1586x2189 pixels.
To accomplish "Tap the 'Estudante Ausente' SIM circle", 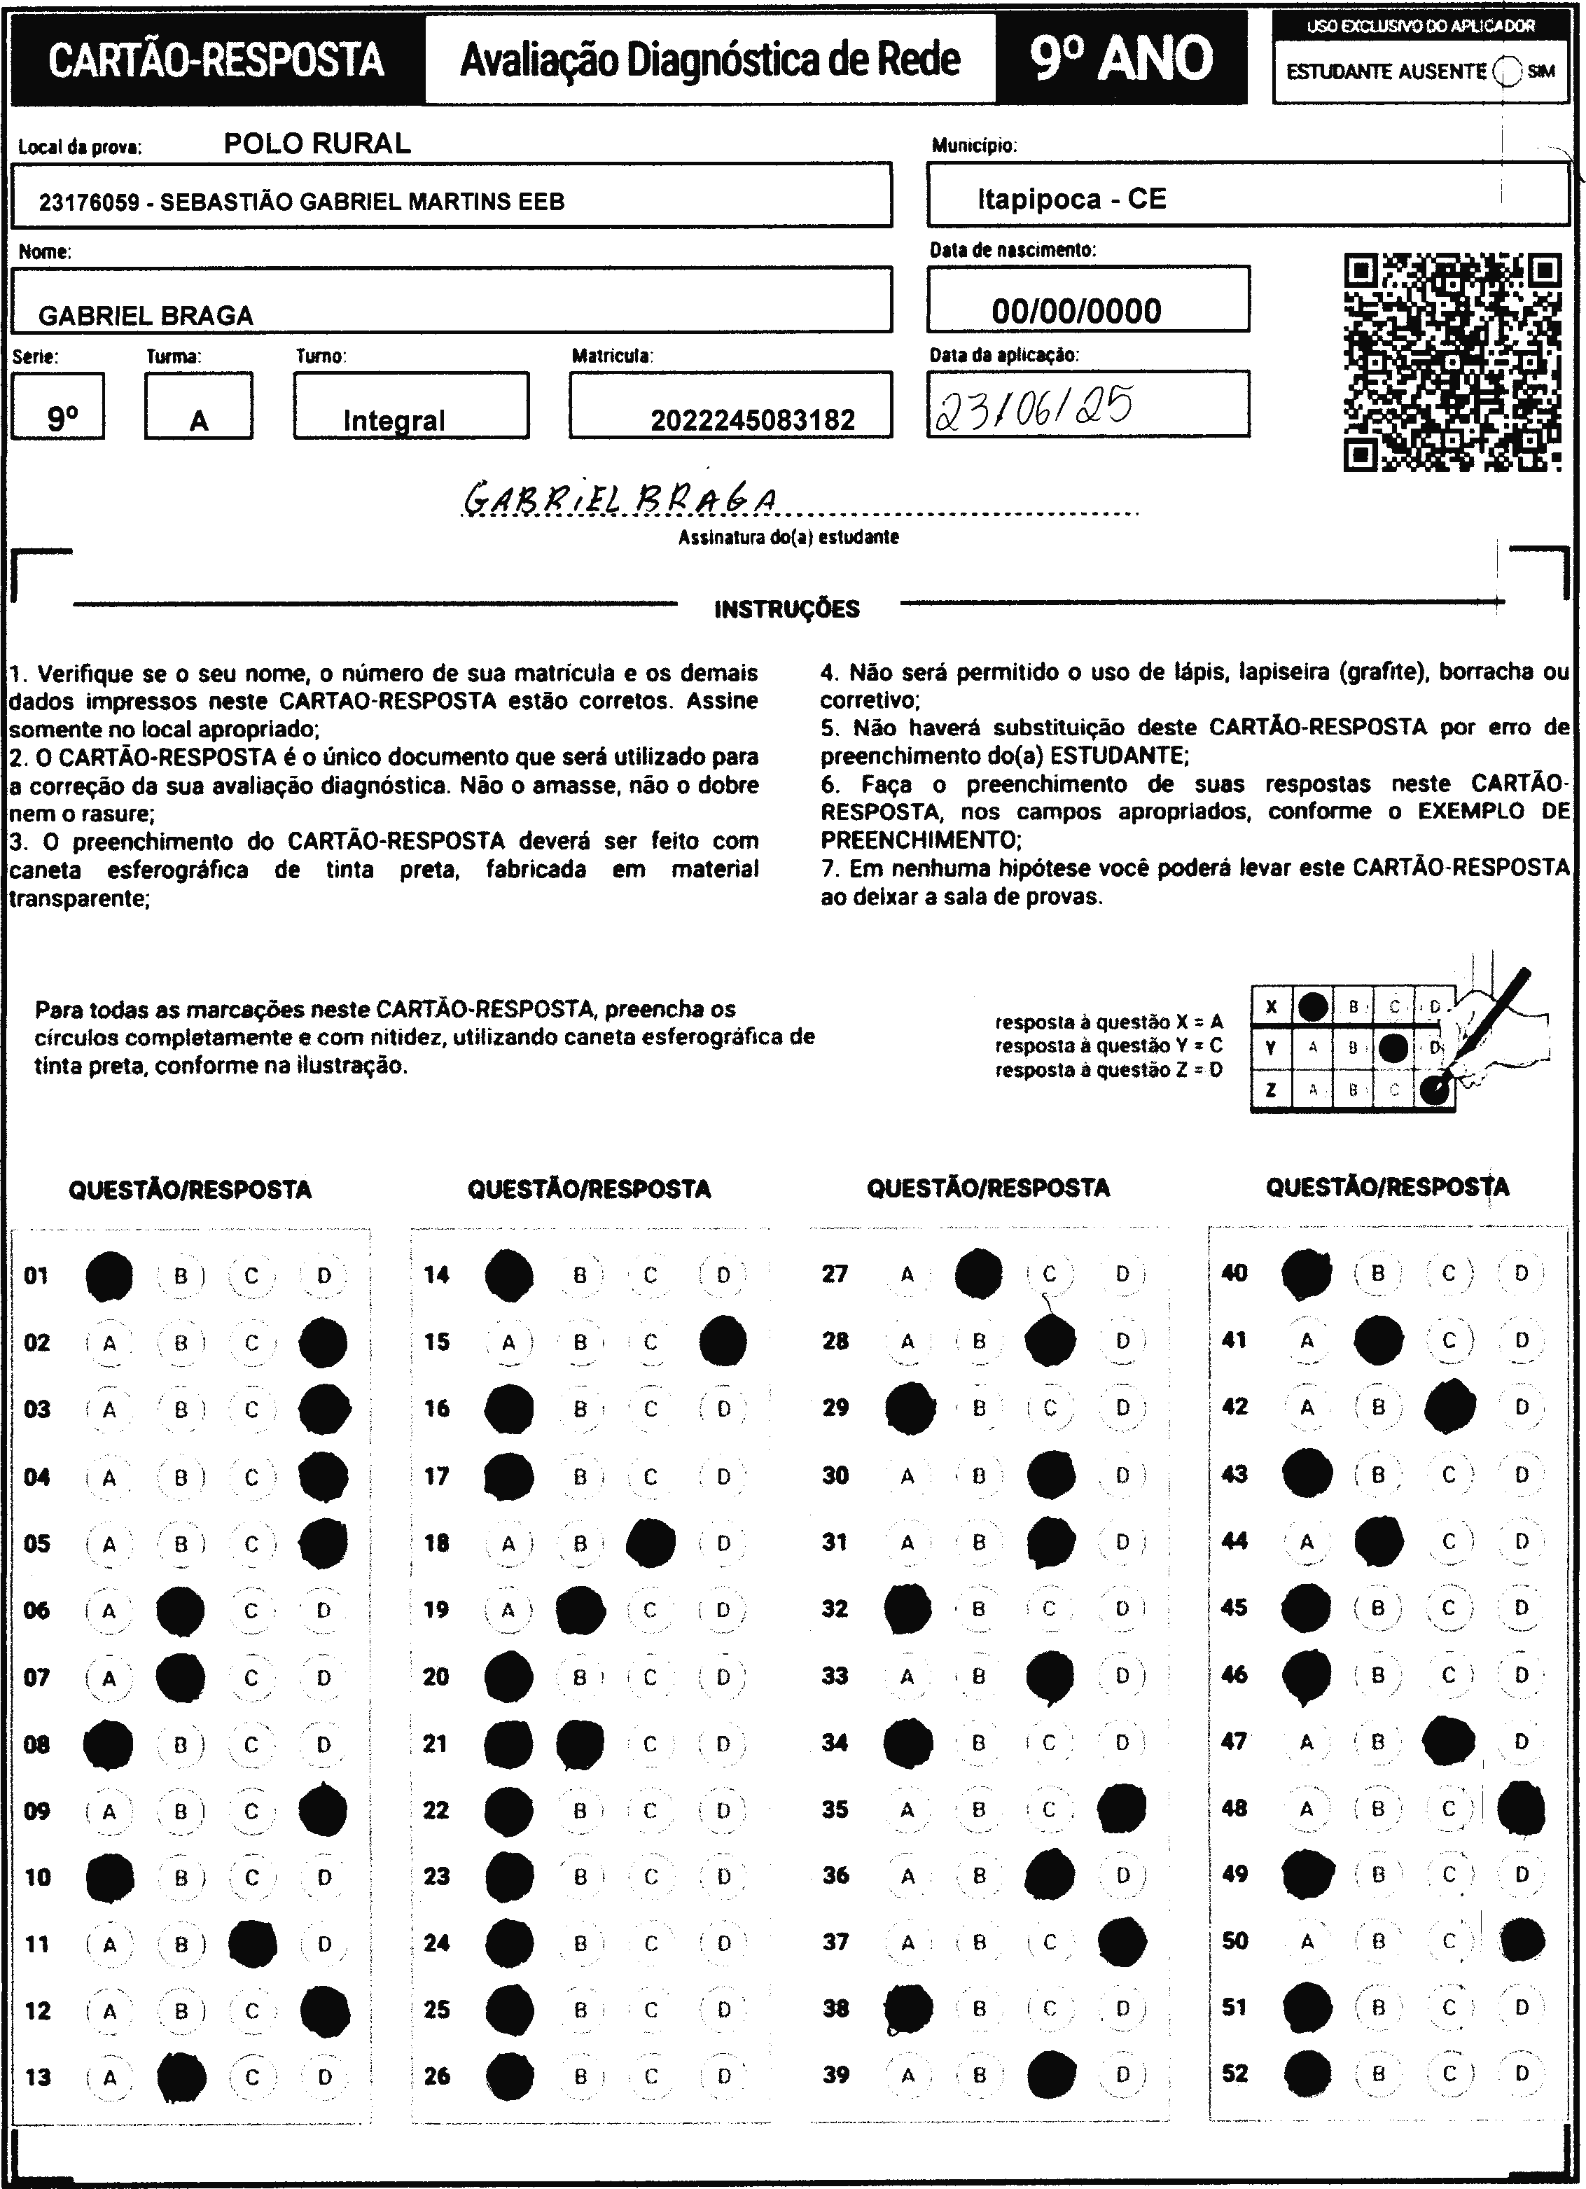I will pyautogui.click(x=1507, y=71).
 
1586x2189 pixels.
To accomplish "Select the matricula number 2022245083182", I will pyautogui.click(x=752, y=420).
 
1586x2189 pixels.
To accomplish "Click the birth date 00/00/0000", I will pyautogui.click(x=1076, y=311).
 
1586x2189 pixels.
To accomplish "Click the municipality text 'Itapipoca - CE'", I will pyautogui.click(x=1071, y=199).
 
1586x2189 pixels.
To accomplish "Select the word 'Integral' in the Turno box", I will pyautogui.click(x=394, y=421).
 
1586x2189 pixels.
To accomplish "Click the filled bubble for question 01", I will pyautogui.click(x=109, y=1276).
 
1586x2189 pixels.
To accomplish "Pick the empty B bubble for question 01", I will pyautogui.click(x=181, y=1276).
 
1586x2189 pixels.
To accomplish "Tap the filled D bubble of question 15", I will pyautogui.click(x=722, y=1342).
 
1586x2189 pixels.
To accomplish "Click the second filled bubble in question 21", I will pyautogui.click(x=580, y=1743).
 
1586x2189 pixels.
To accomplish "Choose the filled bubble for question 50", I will pyautogui.click(x=1522, y=1940).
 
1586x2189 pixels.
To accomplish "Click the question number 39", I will pyautogui.click(x=836, y=2074).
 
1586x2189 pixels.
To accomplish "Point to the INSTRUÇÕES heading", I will pyautogui.click(x=787, y=609).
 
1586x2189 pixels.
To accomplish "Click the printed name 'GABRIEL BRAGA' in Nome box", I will pyautogui.click(x=146, y=316).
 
